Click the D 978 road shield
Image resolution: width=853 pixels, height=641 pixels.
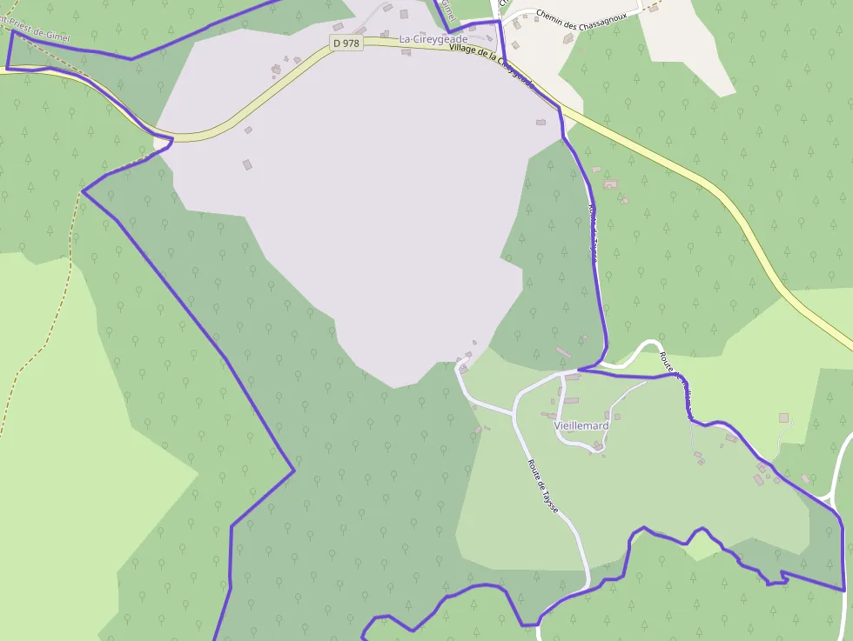(x=346, y=43)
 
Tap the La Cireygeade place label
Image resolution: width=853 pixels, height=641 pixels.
(x=433, y=39)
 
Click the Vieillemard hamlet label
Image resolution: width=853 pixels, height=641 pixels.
(x=581, y=426)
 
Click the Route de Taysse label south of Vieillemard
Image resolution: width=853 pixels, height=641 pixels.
(x=542, y=484)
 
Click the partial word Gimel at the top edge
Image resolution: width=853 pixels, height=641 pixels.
(x=448, y=10)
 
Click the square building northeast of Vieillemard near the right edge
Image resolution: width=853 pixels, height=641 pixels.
(x=784, y=418)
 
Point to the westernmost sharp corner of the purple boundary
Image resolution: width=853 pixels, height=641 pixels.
(x=83, y=192)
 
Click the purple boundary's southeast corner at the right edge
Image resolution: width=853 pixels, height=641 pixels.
(x=843, y=589)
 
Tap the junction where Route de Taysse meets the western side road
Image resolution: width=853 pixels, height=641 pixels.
(x=514, y=411)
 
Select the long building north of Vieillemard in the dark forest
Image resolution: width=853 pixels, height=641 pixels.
(x=561, y=352)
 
